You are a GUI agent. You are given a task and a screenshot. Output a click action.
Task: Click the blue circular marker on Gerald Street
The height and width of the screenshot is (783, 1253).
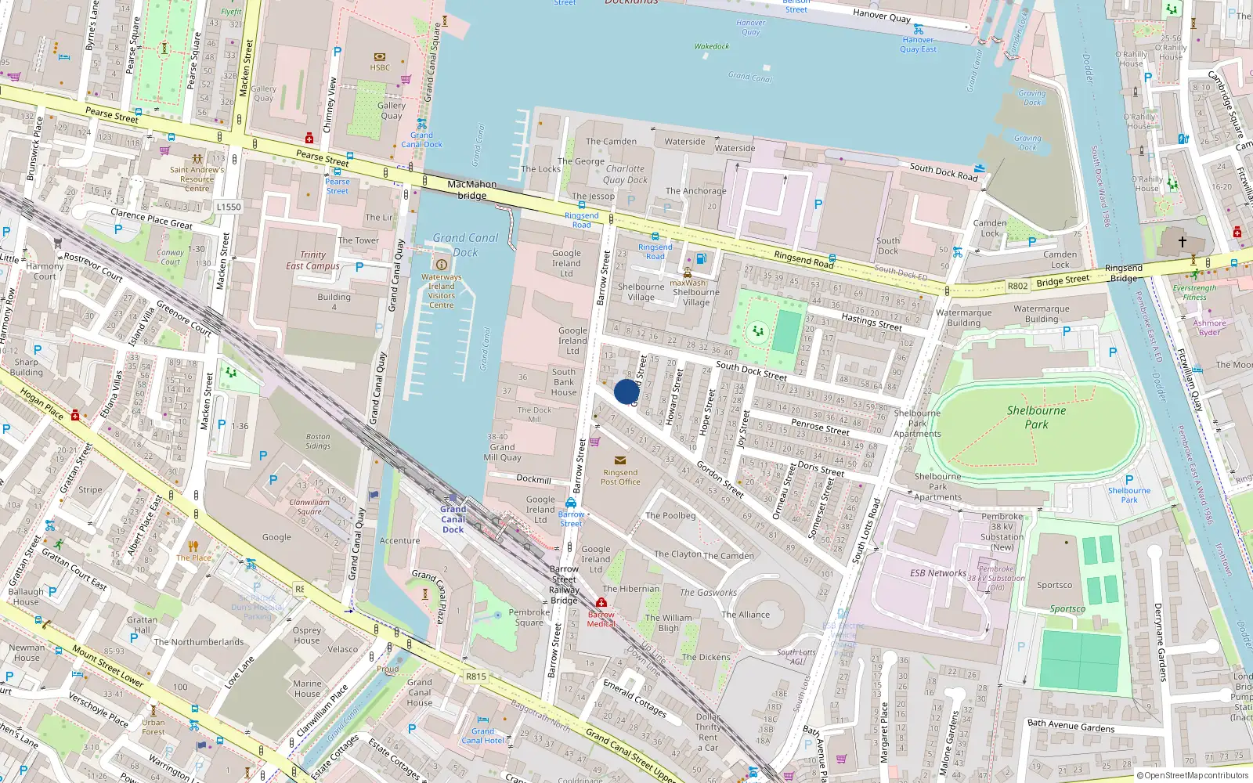(x=626, y=391)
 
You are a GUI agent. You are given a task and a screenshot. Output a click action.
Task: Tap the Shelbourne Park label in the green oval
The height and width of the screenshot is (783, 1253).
(x=1036, y=417)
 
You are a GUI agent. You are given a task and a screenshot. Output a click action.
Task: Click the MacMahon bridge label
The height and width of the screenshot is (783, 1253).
(x=471, y=189)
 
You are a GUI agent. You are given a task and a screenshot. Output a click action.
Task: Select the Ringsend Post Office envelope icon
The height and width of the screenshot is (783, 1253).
(x=620, y=460)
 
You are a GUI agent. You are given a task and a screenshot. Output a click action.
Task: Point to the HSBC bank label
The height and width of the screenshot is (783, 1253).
(x=380, y=67)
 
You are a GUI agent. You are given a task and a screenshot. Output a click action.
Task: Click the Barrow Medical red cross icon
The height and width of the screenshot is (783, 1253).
(x=601, y=602)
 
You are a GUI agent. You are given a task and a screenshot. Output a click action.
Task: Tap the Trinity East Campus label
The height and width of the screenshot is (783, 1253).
(x=312, y=260)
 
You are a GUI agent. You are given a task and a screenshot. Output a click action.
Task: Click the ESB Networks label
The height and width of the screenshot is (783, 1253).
(x=937, y=573)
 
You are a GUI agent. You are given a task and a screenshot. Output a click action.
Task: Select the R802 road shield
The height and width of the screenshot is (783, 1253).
(x=1017, y=286)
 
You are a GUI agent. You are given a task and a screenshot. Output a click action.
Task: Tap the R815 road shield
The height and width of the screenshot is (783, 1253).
(x=475, y=677)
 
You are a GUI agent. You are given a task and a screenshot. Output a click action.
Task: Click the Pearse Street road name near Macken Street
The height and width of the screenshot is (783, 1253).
(x=111, y=115)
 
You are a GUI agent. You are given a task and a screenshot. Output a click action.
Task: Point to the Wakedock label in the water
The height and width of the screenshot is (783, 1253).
(x=711, y=46)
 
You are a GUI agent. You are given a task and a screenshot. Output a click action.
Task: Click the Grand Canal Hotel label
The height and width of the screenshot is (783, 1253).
(x=482, y=736)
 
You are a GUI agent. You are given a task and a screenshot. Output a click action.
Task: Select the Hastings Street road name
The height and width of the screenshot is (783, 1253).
(x=871, y=321)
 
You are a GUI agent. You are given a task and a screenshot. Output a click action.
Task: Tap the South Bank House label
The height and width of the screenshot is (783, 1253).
(x=564, y=382)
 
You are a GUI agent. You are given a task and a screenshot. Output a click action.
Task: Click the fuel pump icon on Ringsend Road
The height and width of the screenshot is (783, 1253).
(x=702, y=259)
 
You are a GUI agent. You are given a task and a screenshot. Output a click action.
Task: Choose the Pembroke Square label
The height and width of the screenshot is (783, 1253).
(x=529, y=617)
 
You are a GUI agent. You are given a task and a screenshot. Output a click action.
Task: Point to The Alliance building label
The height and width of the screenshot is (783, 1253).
(x=746, y=615)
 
